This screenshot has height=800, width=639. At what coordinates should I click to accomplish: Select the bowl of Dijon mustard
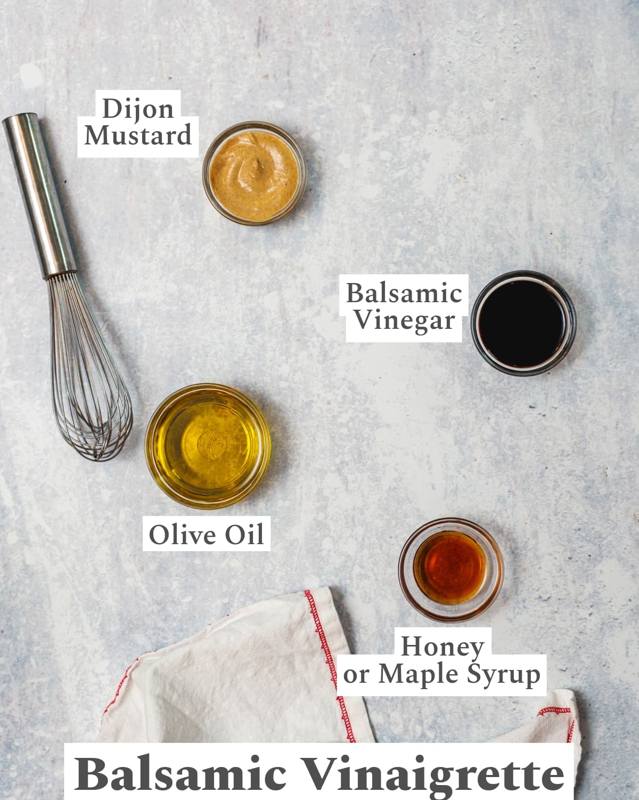tap(255, 173)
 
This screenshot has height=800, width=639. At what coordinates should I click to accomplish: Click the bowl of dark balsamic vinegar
tap(523, 323)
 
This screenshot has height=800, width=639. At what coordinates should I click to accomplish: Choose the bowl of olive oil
tap(208, 446)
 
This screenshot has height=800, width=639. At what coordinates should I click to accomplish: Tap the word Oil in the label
tap(244, 535)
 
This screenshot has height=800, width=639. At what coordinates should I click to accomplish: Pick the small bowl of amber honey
tap(451, 570)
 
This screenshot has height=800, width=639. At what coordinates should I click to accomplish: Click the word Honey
tap(443, 647)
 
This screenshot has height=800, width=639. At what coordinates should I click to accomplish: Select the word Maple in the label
tap(418, 675)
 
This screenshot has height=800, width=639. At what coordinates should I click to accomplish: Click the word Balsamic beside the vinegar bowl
tap(404, 293)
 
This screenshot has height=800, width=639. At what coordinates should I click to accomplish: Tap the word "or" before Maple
tap(356, 675)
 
